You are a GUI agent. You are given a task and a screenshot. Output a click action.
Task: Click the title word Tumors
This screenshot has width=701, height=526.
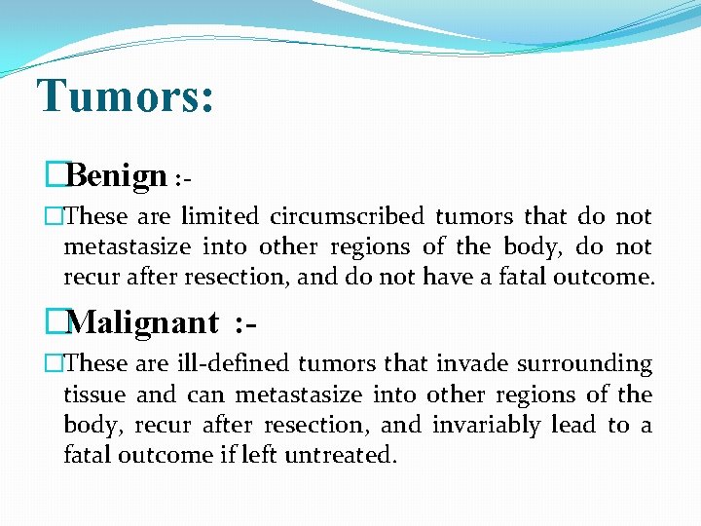tap(125, 95)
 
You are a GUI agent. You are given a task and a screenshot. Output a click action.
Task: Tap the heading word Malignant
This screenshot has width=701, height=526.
tap(144, 321)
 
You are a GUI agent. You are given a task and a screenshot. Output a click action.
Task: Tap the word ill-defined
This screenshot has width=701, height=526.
tap(232, 364)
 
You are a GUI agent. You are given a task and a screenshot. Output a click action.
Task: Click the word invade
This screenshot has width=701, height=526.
tap(469, 364)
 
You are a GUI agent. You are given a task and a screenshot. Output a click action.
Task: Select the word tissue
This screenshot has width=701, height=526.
tap(93, 394)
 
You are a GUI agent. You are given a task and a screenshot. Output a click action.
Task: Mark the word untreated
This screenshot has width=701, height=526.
tap(340, 456)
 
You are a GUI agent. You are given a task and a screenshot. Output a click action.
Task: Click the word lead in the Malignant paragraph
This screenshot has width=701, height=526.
tap(574, 426)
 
